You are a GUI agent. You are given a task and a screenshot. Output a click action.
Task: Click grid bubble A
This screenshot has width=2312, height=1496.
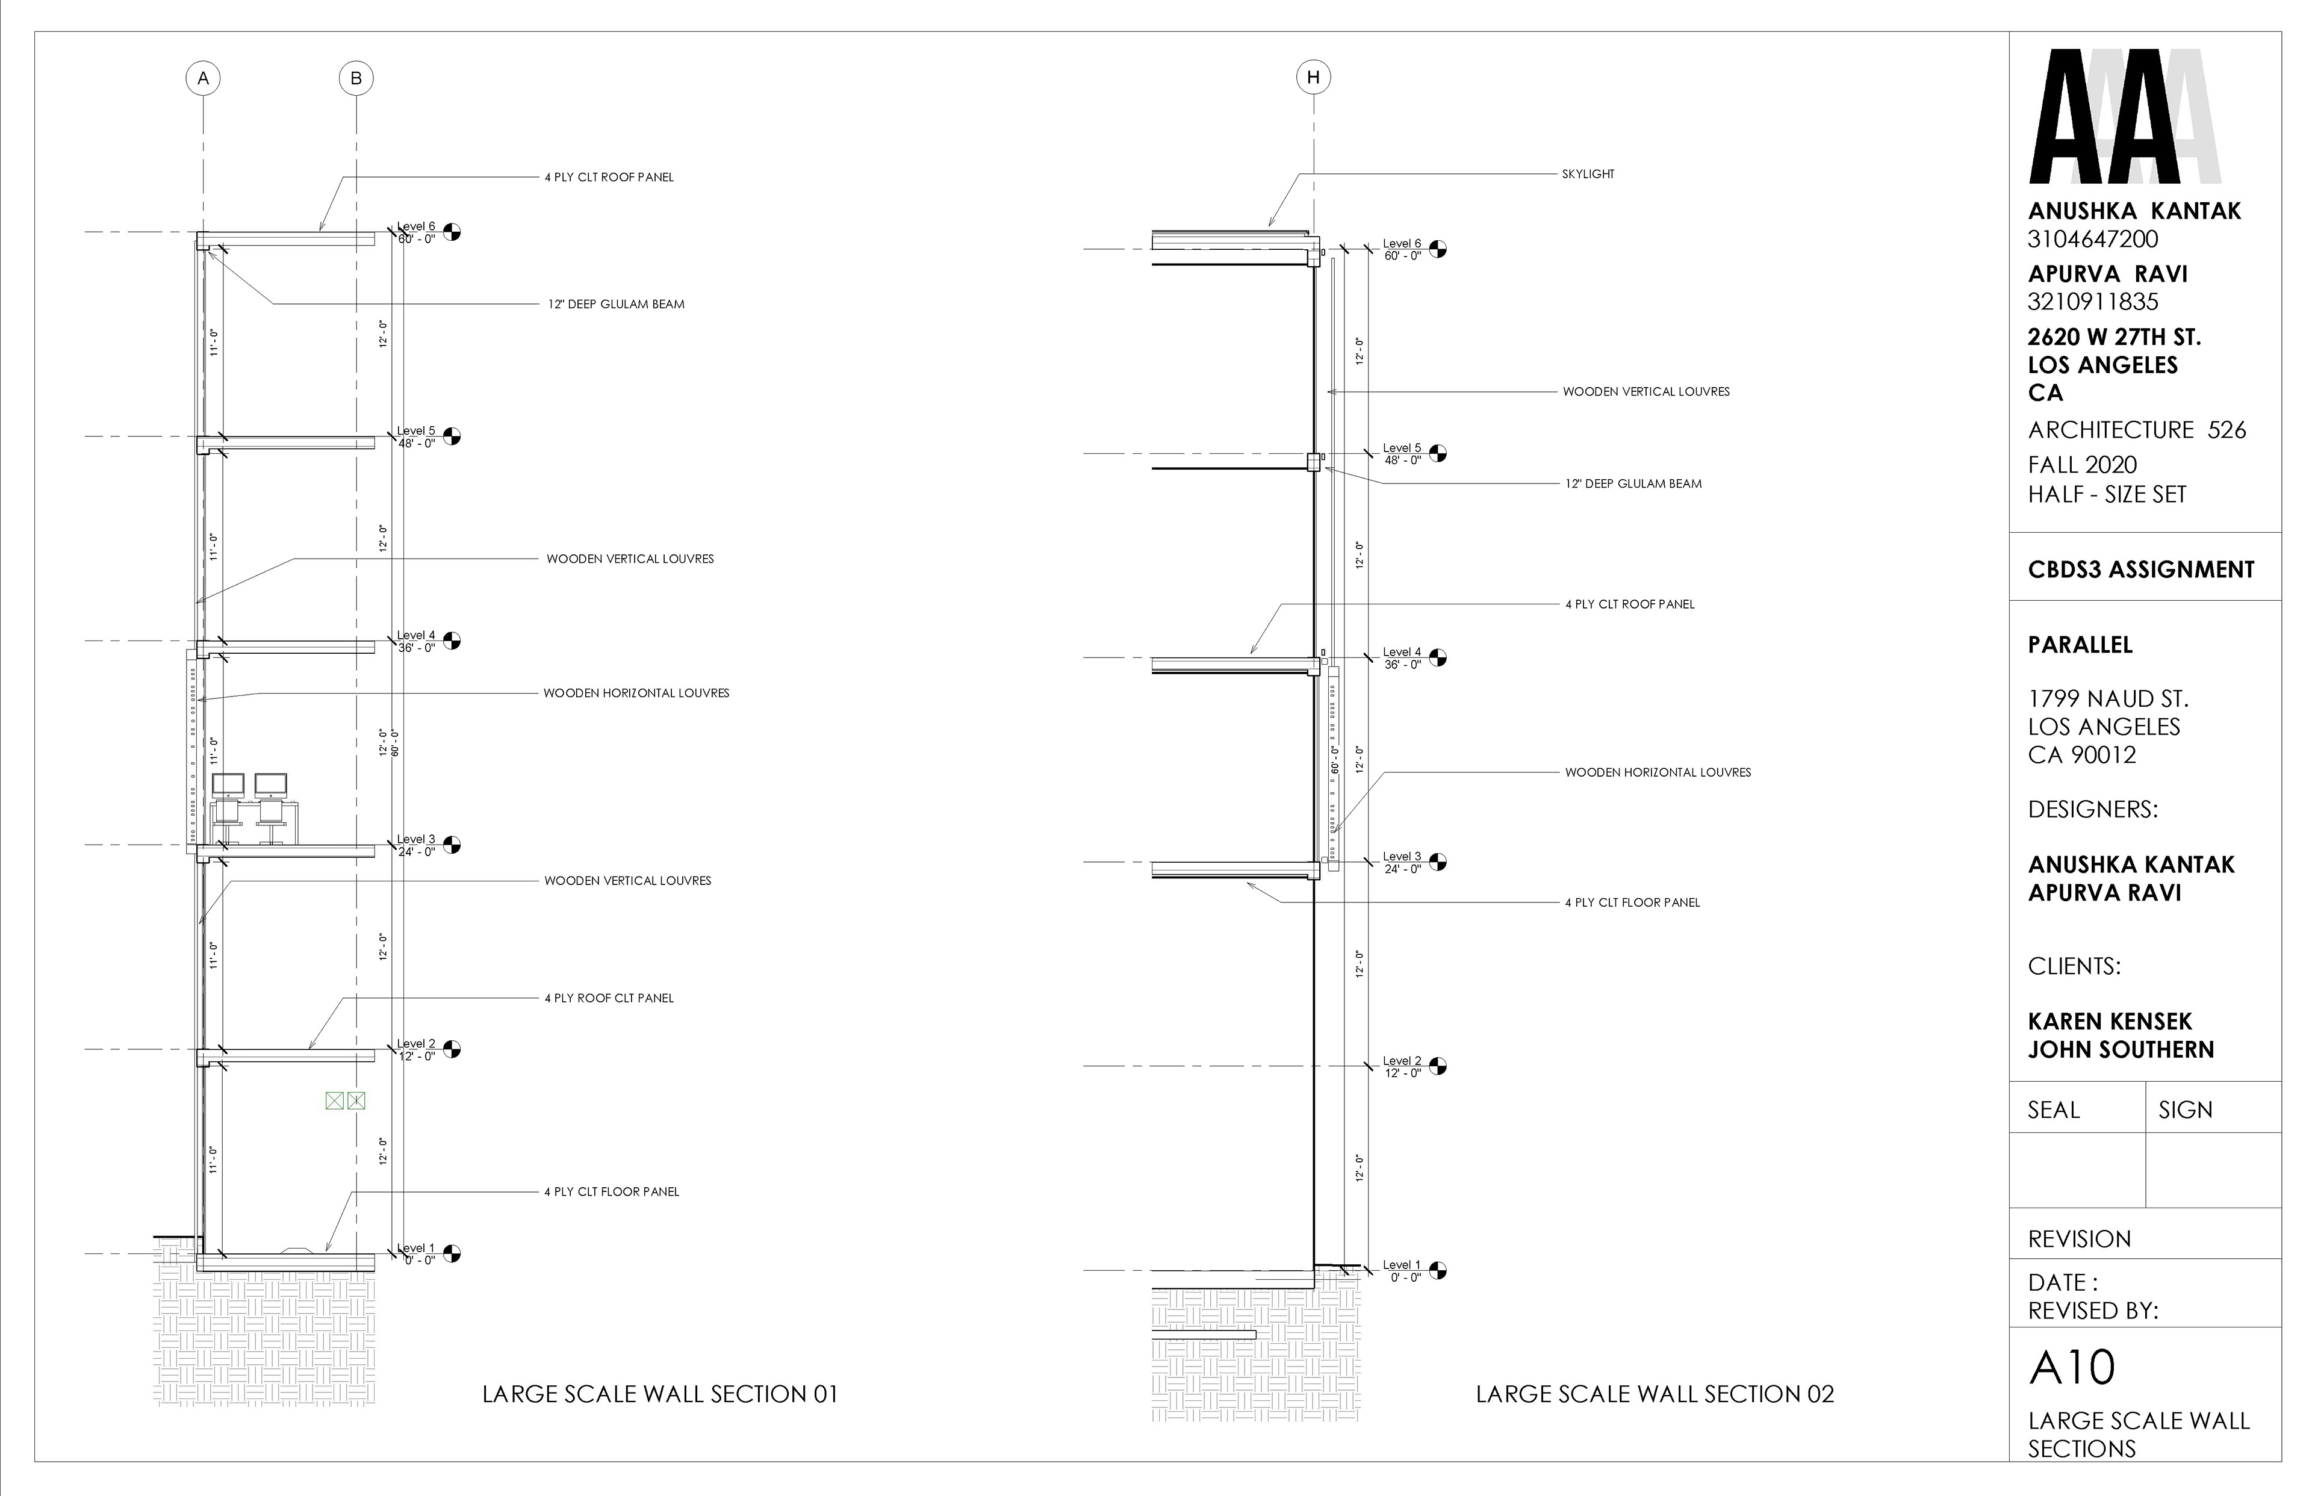[x=203, y=79]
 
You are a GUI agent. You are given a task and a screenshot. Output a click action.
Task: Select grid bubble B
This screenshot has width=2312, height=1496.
[x=356, y=79]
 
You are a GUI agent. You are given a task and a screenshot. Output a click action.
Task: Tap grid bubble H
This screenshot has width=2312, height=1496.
[x=1313, y=78]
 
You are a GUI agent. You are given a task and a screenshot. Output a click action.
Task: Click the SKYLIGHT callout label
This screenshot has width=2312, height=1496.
[x=1588, y=174]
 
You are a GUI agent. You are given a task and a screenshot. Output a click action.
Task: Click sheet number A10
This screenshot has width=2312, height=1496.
[x=2072, y=1368]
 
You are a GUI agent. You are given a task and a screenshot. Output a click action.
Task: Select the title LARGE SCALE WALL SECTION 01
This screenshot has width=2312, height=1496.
[x=660, y=1394]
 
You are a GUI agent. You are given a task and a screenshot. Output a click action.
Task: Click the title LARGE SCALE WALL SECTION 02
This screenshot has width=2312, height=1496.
[x=1655, y=1394]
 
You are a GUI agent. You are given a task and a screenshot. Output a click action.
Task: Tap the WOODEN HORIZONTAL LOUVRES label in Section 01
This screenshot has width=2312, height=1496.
[x=636, y=693]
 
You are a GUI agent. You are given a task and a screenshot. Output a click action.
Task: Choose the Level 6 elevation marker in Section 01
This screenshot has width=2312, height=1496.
[x=452, y=232]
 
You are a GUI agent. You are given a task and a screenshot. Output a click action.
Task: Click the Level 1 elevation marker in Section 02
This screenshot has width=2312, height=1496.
[x=1438, y=1270]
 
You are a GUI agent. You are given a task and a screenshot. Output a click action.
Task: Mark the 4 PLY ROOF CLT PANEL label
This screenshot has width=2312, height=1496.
[x=609, y=998]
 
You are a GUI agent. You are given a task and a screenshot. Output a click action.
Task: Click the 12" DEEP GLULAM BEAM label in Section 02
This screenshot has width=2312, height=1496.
[x=1633, y=484]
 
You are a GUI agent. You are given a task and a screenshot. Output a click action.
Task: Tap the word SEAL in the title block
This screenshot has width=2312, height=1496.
[x=2054, y=1110]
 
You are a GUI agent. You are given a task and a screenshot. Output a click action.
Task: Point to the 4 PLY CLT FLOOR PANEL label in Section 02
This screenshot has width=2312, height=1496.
[x=1632, y=902]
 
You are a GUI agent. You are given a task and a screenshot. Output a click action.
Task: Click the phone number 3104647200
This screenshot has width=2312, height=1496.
[x=2092, y=239]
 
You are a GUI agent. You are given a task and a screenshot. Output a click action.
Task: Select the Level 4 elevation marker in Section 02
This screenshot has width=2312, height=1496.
[x=1438, y=657]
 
